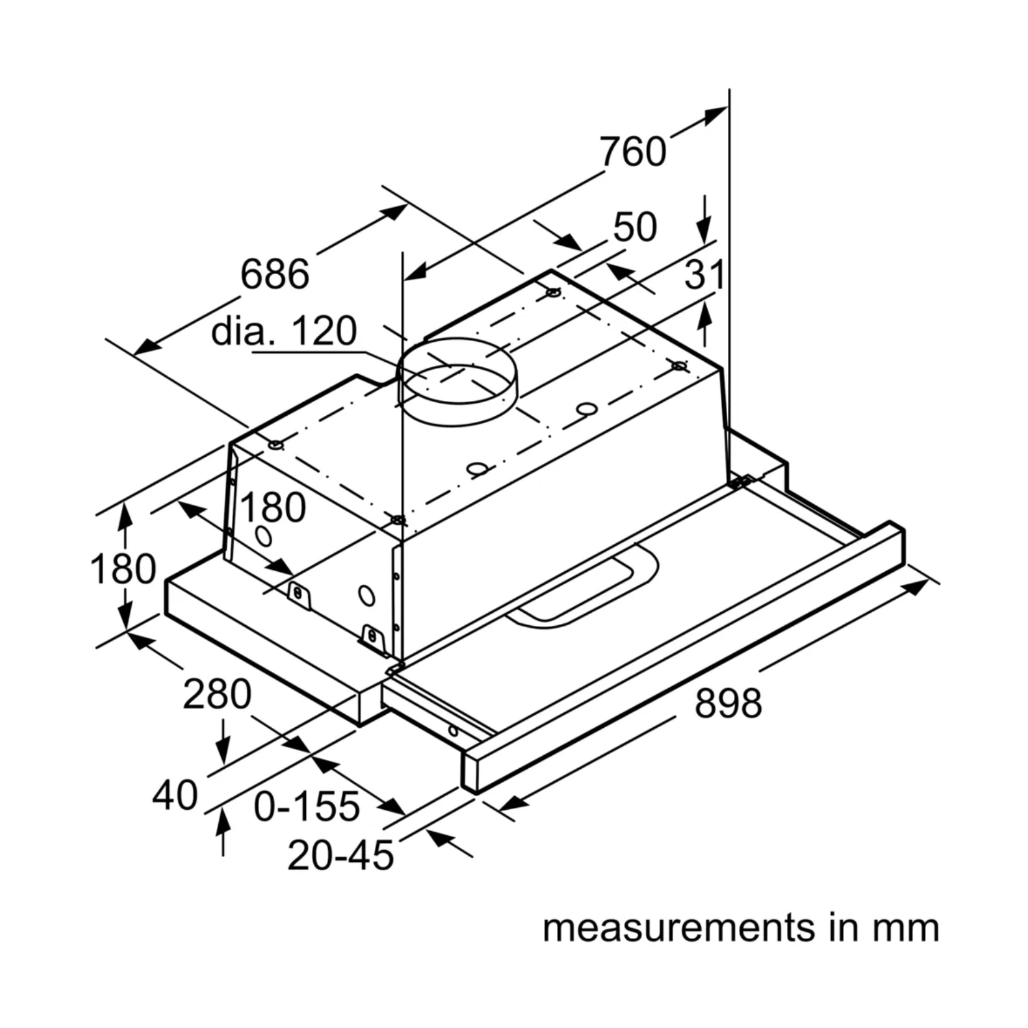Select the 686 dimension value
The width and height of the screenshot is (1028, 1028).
tap(275, 273)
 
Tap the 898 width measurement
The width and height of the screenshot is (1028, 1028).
tap(728, 703)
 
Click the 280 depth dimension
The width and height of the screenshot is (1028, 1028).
tap(217, 694)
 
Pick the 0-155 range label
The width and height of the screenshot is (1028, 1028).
tap(306, 806)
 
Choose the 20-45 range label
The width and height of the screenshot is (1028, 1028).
tap(341, 855)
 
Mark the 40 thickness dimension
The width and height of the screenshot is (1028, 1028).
tap(175, 795)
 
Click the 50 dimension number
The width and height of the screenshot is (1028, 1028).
tap(635, 227)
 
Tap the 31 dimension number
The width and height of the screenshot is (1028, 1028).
tap(704, 275)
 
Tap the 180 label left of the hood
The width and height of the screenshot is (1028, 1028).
tap(122, 569)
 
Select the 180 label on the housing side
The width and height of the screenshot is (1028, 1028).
tap(273, 507)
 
